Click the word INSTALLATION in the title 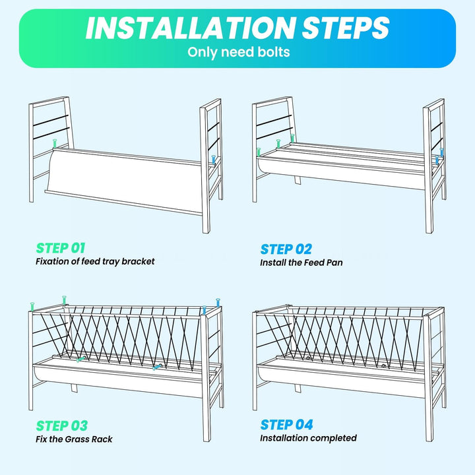pyautogui.click(x=191, y=28)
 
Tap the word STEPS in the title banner pyautogui.click(x=346, y=28)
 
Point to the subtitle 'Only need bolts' pyautogui.click(x=238, y=52)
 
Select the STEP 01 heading pyautogui.click(x=61, y=248)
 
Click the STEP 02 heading pyautogui.click(x=286, y=249)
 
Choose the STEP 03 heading pyautogui.click(x=62, y=426)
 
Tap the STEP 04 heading pyautogui.click(x=286, y=424)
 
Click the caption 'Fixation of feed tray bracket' pyautogui.click(x=95, y=261)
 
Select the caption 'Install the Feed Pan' pyautogui.click(x=301, y=263)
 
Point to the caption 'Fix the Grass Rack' pyautogui.click(x=74, y=439)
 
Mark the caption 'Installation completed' pyautogui.click(x=308, y=438)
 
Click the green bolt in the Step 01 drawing pyautogui.click(x=55, y=143)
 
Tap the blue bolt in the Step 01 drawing pyautogui.click(x=214, y=160)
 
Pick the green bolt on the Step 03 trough pyautogui.click(x=81, y=360)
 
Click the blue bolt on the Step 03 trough pyautogui.click(x=157, y=367)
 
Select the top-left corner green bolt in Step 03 pyautogui.click(x=32, y=306)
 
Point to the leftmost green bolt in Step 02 pyautogui.click(x=259, y=152)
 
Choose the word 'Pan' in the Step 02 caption pyautogui.click(x=334, y=263)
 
